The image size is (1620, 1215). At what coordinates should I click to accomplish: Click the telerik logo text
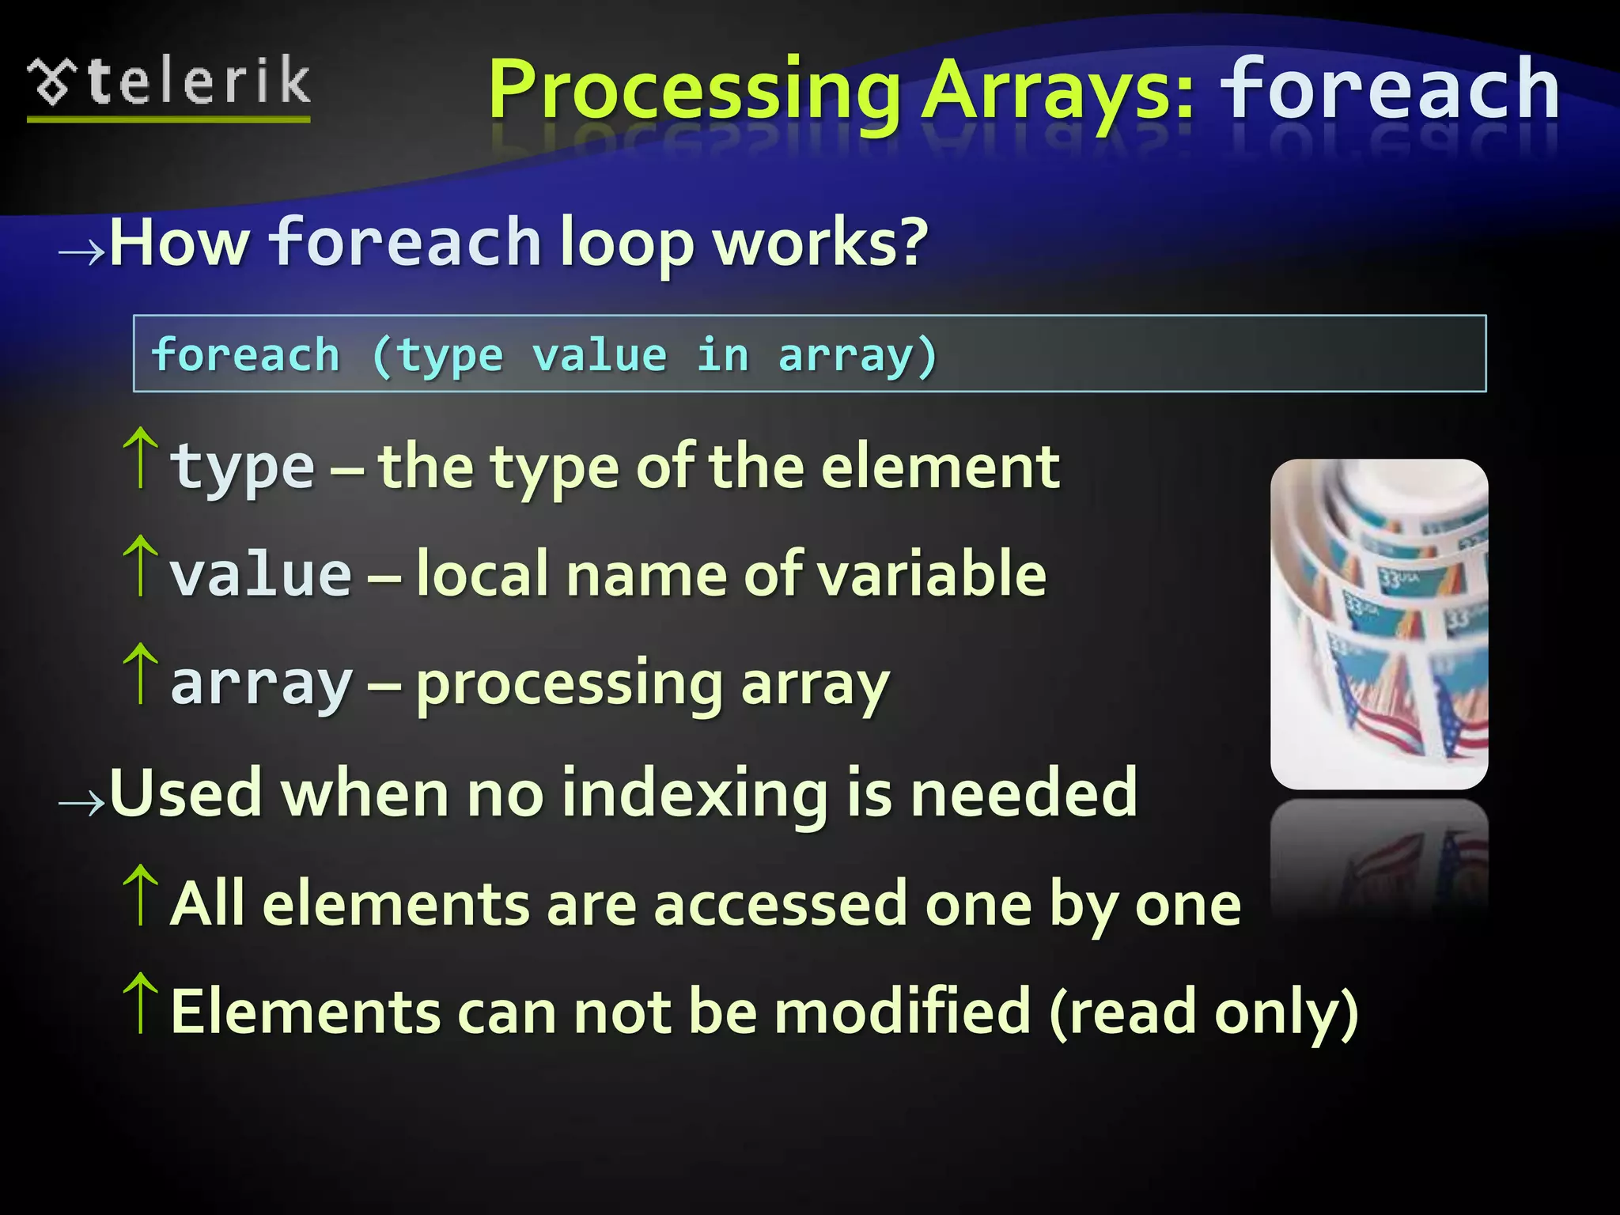(x=198, y=81)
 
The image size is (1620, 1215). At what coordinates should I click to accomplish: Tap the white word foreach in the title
(x=1390, y=89)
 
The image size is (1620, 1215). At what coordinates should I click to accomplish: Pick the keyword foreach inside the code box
(x=246, y=354)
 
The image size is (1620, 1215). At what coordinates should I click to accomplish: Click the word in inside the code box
(x=722, y=354)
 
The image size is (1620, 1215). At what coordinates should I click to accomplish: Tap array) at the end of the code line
(x=857, y=356)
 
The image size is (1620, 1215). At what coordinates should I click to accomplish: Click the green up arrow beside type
(x=141, y=457)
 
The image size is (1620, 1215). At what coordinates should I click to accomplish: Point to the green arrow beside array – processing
(x=141, y=673)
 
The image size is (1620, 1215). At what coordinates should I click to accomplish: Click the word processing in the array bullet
(x=570, y=685)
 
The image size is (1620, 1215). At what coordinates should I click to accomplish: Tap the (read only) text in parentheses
(x=1203, y=1013)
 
